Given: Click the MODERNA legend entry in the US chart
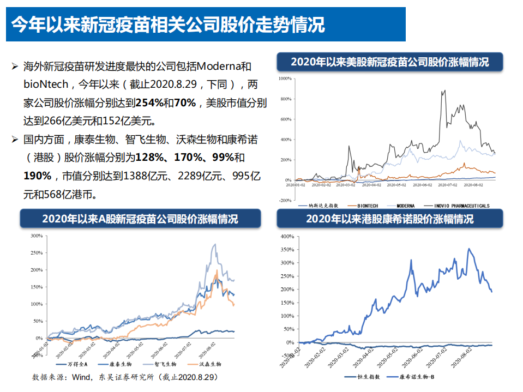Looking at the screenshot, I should point(406,206).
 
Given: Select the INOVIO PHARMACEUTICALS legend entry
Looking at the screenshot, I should point(461,206).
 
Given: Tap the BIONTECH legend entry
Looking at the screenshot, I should point(369,206).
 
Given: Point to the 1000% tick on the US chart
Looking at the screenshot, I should point(285,79).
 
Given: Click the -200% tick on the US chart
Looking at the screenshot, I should point(285,200).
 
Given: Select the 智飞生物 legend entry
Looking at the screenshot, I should point(164,364).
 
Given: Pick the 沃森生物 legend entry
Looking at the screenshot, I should point(207,364).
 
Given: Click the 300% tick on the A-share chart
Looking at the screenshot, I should point(37,236).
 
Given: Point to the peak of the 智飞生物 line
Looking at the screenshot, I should point(215,244).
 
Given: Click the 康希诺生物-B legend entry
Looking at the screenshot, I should point(417,377).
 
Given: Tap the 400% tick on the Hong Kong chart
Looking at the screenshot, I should point(287,237).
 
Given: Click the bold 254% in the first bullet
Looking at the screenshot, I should point(147,102).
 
